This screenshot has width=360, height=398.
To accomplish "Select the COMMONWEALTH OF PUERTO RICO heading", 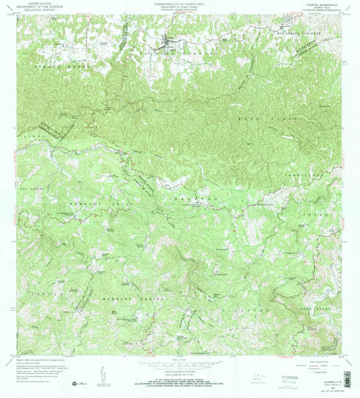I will pyautogui.click(x=175, y=3).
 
